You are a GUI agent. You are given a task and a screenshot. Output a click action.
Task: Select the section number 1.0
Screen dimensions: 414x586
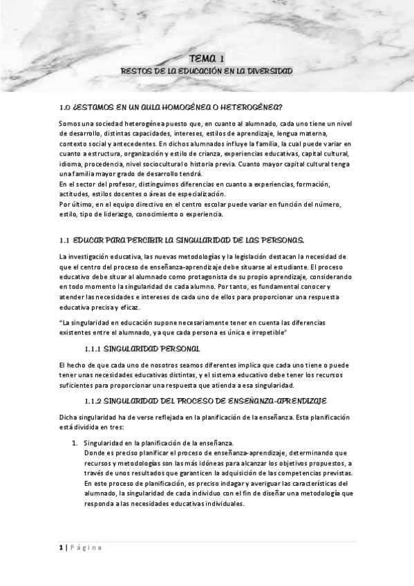pos(65,108)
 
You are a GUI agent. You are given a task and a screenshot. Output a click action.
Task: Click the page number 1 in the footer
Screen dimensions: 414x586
pos(60,547)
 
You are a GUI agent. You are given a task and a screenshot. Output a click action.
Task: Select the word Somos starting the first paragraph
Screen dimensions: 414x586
pos(69,123)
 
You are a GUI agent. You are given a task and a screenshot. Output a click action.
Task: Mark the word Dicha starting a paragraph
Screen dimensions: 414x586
pos(68,417)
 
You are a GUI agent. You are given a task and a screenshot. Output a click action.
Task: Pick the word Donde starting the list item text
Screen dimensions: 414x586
pos(93,453)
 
